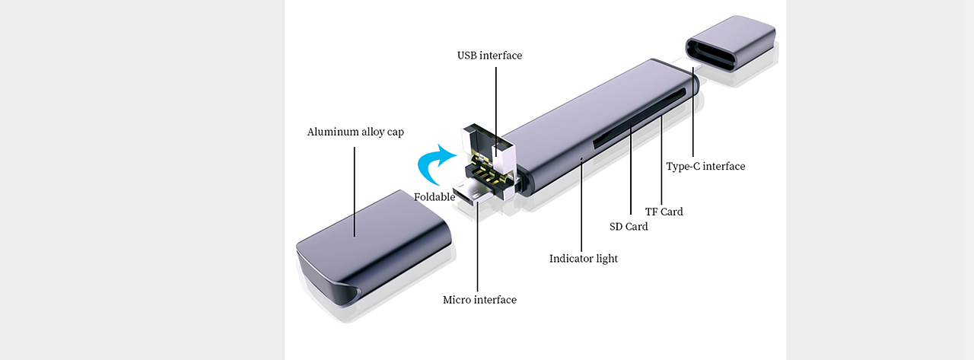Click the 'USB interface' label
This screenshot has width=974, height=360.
pos(489,56)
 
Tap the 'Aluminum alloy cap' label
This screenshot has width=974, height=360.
pos(355,132)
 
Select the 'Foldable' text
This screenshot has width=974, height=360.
pos(434,197)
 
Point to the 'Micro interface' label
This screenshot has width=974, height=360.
pos(479,300)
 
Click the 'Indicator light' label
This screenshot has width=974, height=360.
pos(583,259)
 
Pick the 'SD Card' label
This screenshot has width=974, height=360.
pos(629,227)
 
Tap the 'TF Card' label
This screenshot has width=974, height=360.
pos(664,212)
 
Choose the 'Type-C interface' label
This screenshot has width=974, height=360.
pos(705,167)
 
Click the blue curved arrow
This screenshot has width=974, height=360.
pos(437,164)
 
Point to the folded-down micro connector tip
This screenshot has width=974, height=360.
pos(469,194)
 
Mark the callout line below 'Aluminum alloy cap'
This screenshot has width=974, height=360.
pos(355,190)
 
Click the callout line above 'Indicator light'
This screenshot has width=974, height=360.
pos(581,205)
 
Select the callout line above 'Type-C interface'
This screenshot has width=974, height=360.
pos(694,114)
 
